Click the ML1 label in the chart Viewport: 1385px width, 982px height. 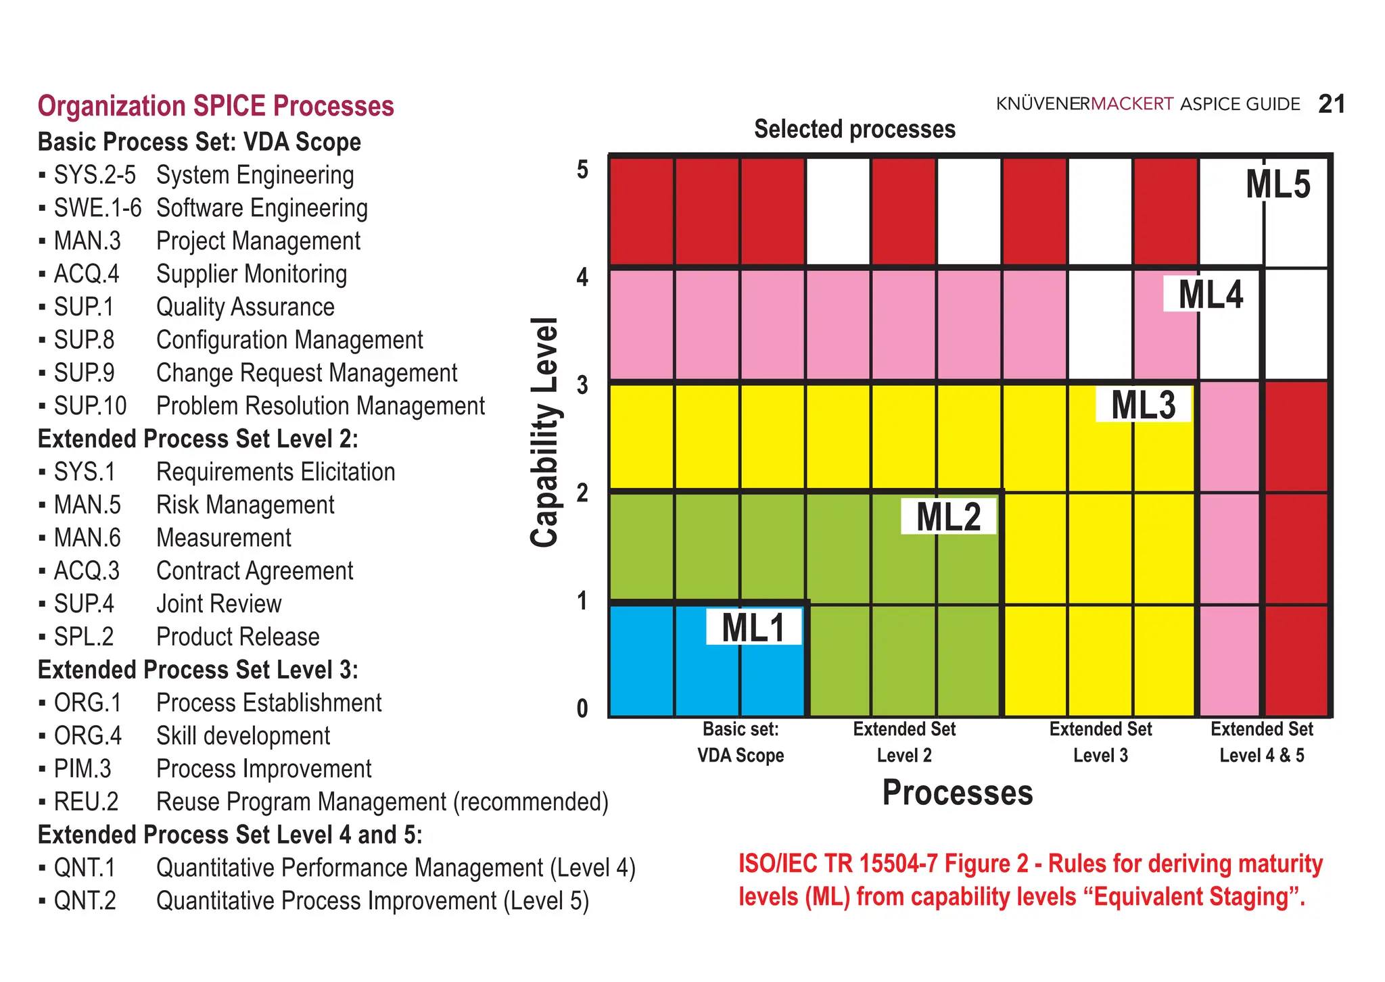[753, 627]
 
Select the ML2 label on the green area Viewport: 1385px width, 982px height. [948, 517]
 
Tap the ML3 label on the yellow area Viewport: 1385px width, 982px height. [1143, 405]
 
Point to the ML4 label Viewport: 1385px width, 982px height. [1211, 295]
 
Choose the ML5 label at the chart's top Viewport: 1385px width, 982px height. [1277, 185]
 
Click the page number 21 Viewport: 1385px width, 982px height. [1332, 104]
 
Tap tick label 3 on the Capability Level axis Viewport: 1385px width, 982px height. [582, 385]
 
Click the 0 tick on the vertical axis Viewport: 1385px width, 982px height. [582, 708]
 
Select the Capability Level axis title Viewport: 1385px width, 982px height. [545, 433]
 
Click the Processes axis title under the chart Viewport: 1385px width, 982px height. [957, 792]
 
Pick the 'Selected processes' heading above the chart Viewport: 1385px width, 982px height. [854, 129]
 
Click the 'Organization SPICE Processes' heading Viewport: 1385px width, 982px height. [216, 106]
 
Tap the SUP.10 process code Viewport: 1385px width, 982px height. [90, 406]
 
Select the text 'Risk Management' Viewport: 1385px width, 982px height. [245, 505]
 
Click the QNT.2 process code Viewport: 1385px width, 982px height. [85, 901]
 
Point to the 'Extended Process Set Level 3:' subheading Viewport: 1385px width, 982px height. [197, 670]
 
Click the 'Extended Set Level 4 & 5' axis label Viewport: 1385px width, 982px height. [1261, 742]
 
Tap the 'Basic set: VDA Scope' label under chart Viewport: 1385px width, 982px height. [741, 742]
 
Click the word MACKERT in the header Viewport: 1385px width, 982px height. [1132, 104]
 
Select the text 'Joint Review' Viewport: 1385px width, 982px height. [218, 604]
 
